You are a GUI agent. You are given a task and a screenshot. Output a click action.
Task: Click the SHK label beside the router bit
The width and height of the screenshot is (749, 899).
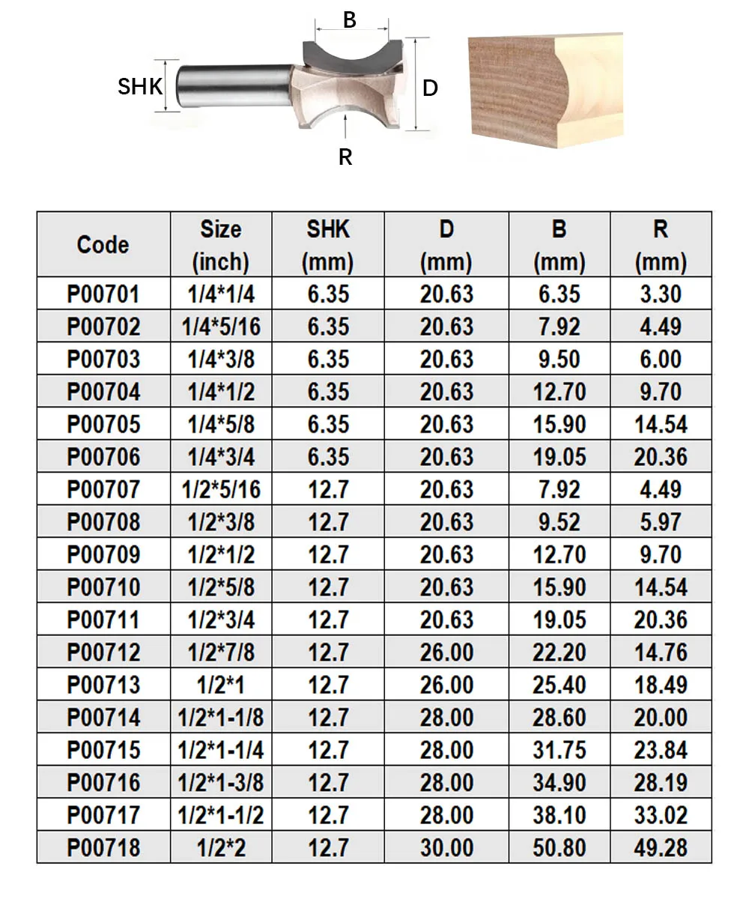coord(140,87)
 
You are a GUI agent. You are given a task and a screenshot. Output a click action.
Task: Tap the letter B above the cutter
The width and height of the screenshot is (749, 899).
coord(350,20)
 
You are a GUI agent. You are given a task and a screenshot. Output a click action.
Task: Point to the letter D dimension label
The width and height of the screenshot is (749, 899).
coord(430,88)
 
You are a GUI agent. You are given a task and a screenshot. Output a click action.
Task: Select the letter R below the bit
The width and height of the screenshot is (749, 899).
coord(345,157)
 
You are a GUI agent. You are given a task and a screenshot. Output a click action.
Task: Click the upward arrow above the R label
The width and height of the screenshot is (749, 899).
coord(345,129)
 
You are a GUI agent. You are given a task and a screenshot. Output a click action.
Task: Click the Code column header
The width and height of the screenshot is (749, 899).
coord(103,245)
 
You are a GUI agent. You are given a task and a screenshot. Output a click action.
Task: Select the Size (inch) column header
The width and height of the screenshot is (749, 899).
coord(221,245)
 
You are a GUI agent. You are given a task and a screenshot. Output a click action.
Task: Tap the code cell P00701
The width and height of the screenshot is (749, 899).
coord(103,294)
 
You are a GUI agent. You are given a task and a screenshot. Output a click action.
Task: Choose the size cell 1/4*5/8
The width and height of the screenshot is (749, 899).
coord(221,424)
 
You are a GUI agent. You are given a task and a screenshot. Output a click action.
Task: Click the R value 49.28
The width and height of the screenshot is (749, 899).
coord(660,847)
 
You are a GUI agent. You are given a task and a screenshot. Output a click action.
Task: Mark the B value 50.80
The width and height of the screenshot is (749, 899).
coord(559,847)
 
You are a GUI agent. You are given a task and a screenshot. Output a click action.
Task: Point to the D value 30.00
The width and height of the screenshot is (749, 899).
coord(446,847)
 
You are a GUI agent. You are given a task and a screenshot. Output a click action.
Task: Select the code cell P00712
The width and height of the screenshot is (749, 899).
coord(103,652)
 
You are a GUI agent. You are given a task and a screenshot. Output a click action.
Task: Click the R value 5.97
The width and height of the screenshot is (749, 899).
coord(660,522)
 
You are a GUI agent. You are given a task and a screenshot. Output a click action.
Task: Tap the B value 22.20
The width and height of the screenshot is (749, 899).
coord(559,652)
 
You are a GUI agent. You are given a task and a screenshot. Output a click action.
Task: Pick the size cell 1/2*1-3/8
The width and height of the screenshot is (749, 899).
coord(221,782)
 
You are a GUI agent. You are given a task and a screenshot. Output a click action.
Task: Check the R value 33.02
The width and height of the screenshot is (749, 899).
coord(660,814)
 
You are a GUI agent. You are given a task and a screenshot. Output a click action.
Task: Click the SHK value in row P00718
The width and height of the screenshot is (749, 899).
coord(328,847)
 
